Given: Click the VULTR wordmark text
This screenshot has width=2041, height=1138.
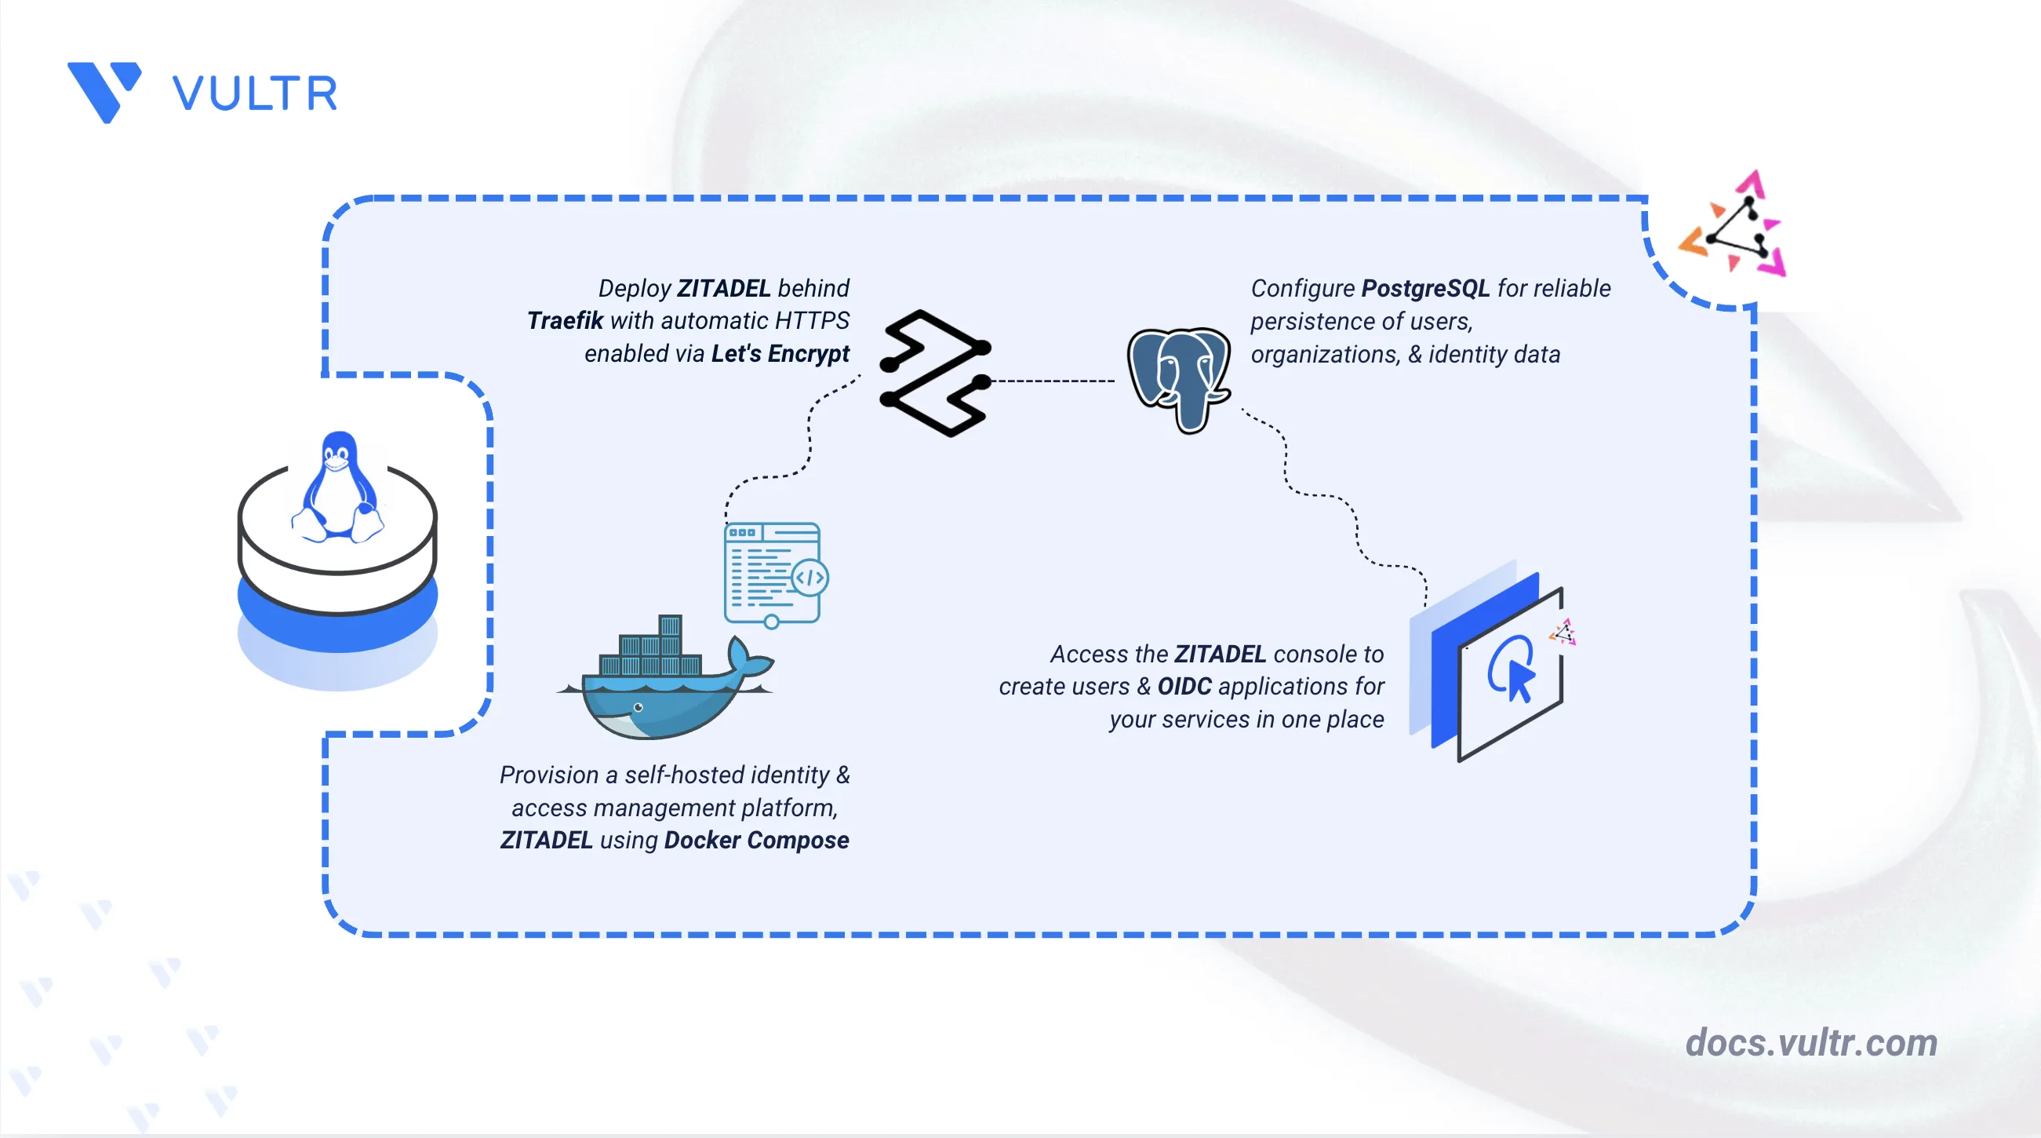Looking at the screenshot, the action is point(255,93).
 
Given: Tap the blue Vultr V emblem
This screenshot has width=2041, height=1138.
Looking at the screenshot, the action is point(104,92).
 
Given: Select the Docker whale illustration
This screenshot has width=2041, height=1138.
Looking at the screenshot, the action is point(665,677).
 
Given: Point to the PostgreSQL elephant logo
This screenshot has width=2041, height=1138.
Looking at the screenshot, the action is point(1179,380).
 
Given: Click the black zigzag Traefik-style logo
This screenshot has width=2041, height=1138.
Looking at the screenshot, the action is point(936,374).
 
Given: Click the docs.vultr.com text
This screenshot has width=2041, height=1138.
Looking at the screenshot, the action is point(1811,1042).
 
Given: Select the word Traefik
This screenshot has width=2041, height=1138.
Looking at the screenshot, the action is point(565,320).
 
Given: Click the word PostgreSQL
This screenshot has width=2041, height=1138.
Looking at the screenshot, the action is point(1425,289).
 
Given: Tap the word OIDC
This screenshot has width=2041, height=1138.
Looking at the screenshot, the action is point(1184,686).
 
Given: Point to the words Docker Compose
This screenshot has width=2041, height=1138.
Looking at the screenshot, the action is point(757,840).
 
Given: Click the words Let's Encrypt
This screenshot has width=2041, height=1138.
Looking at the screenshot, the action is point(780,353).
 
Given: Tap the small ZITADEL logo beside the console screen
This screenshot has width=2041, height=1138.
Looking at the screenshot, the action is point(1563,633).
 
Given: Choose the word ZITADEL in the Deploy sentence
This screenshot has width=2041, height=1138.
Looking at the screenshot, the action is point(723,288).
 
